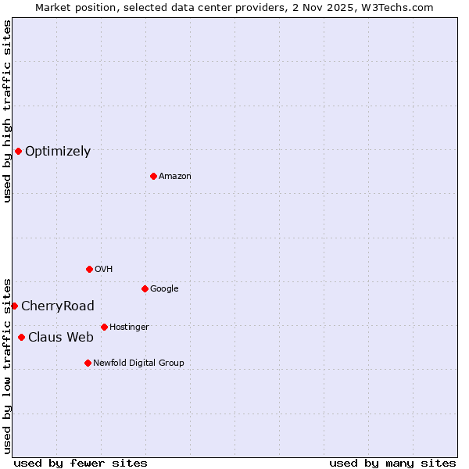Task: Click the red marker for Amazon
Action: [x=153, y=176]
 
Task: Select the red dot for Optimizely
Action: [x=18, y=151]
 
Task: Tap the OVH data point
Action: [x=89, y=269]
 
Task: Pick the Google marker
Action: [x=145, y=288]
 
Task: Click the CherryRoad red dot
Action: [x=14, y=306]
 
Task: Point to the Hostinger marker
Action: [x=104, y=327]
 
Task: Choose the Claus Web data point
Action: [x=21, y=337]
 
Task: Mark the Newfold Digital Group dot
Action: [x=88, y=363]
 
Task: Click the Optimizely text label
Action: [x=58, y=152]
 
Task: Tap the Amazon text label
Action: [x=175, y=177]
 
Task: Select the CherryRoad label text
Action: [x=58, y=306]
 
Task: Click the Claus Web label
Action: [x=61, y=338]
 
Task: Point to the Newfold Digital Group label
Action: [x=139, y=363]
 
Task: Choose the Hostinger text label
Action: [x=129, y=328]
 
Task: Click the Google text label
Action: [x=164, y=289]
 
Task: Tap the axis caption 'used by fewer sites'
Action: [x=81, y=463]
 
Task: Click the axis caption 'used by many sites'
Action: [x=392, y=463]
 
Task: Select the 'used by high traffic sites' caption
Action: [x=7, y=111]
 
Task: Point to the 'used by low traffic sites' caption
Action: [x=7, y=365]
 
